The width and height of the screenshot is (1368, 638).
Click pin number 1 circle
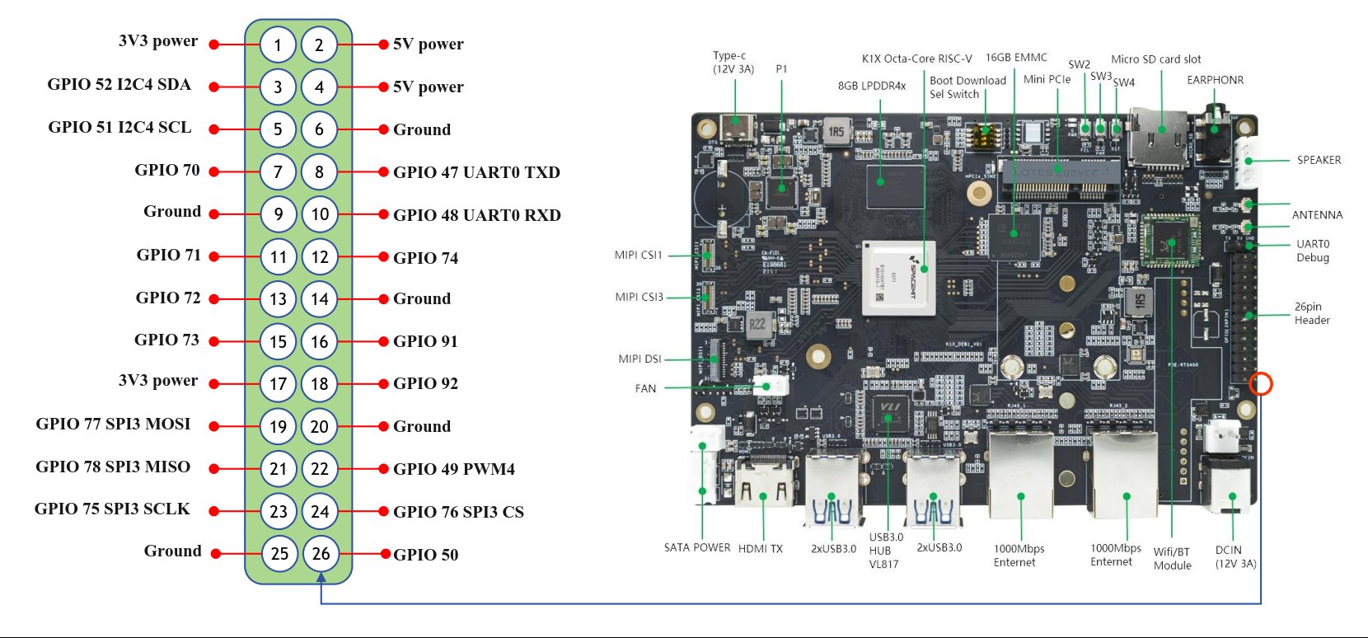[278, 45]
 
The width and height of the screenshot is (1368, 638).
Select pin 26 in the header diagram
[321, 554]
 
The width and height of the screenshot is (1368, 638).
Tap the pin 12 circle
[320, 256]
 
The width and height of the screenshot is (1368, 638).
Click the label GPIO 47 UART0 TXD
[476, 172]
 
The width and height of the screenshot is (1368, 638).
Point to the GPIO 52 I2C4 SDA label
[119, 84]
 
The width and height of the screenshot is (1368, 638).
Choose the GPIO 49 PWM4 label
[454, 469]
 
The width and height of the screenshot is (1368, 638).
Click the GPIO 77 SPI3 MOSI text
[113, 424]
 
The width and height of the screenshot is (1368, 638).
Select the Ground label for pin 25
[172, 551]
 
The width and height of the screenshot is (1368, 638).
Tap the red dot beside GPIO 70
[213, 172]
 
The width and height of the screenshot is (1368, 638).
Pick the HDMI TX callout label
[761, 549]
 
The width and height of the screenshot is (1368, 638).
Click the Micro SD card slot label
[1156, 59]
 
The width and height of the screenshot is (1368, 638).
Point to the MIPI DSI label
[639, 359]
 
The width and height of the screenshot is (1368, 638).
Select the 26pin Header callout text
[1312, 313]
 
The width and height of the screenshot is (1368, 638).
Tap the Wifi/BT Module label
[1172, 558]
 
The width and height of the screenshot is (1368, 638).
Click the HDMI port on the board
[763, 484]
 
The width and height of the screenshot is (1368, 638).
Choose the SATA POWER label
[697, 547]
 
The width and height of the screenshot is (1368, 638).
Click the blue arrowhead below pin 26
[321, 577]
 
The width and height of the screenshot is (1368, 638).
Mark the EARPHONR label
[1215, 80]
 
